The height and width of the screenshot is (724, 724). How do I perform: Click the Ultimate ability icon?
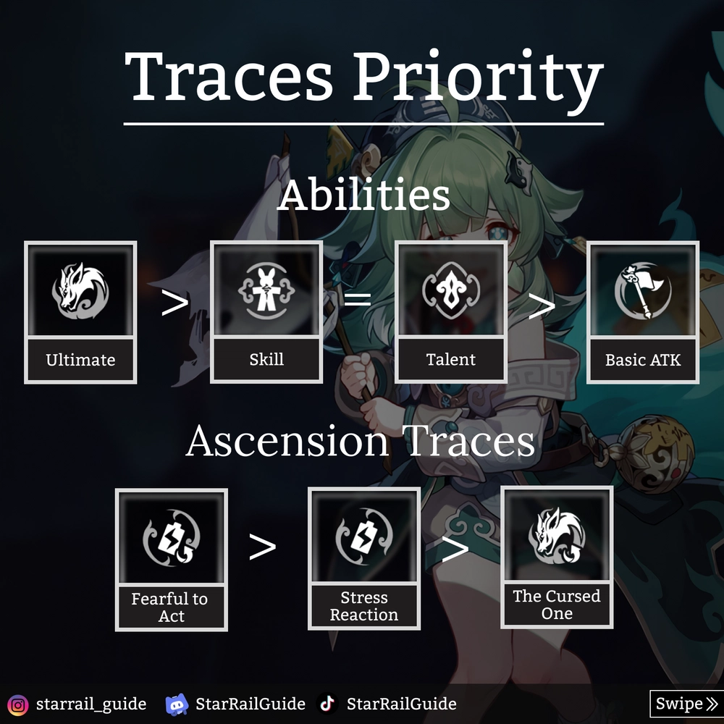(80, 291)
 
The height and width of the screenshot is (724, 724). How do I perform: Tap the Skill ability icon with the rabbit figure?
(266, 291)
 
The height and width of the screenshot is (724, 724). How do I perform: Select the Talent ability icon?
(450, 291)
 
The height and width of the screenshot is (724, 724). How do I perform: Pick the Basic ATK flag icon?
(643, 291)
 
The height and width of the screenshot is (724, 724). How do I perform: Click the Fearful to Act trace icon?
(172, 536)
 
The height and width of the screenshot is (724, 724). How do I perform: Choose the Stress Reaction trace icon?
(364, 536)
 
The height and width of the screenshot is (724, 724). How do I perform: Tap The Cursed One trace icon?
(557, 536)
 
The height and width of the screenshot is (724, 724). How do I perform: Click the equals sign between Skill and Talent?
(358, 300)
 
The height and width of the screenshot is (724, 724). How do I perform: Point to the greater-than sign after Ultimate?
(175, 303)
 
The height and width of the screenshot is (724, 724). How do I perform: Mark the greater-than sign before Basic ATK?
(542, 306)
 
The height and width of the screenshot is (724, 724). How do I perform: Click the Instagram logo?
(18, 705)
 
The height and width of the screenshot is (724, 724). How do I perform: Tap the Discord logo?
(177, 704)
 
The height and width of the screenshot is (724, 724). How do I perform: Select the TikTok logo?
(327, 704)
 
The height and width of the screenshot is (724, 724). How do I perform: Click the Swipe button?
(686, 704)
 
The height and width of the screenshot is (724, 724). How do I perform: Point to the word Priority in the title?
(479, 77)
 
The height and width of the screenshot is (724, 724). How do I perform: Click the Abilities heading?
(363, 195)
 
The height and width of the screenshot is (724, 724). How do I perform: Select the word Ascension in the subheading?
(287, 441)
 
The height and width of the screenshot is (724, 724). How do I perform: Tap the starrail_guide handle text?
(91, 704)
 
